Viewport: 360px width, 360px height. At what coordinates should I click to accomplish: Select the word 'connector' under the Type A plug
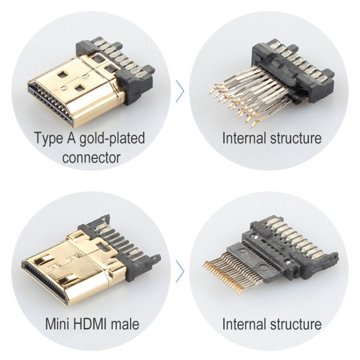90,157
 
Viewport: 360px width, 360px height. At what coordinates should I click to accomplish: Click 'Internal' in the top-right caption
243,138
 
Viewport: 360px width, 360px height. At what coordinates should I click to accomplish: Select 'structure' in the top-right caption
294,138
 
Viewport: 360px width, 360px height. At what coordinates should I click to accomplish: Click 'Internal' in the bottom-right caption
243,324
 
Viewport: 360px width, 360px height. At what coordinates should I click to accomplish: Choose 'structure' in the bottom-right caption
294,324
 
